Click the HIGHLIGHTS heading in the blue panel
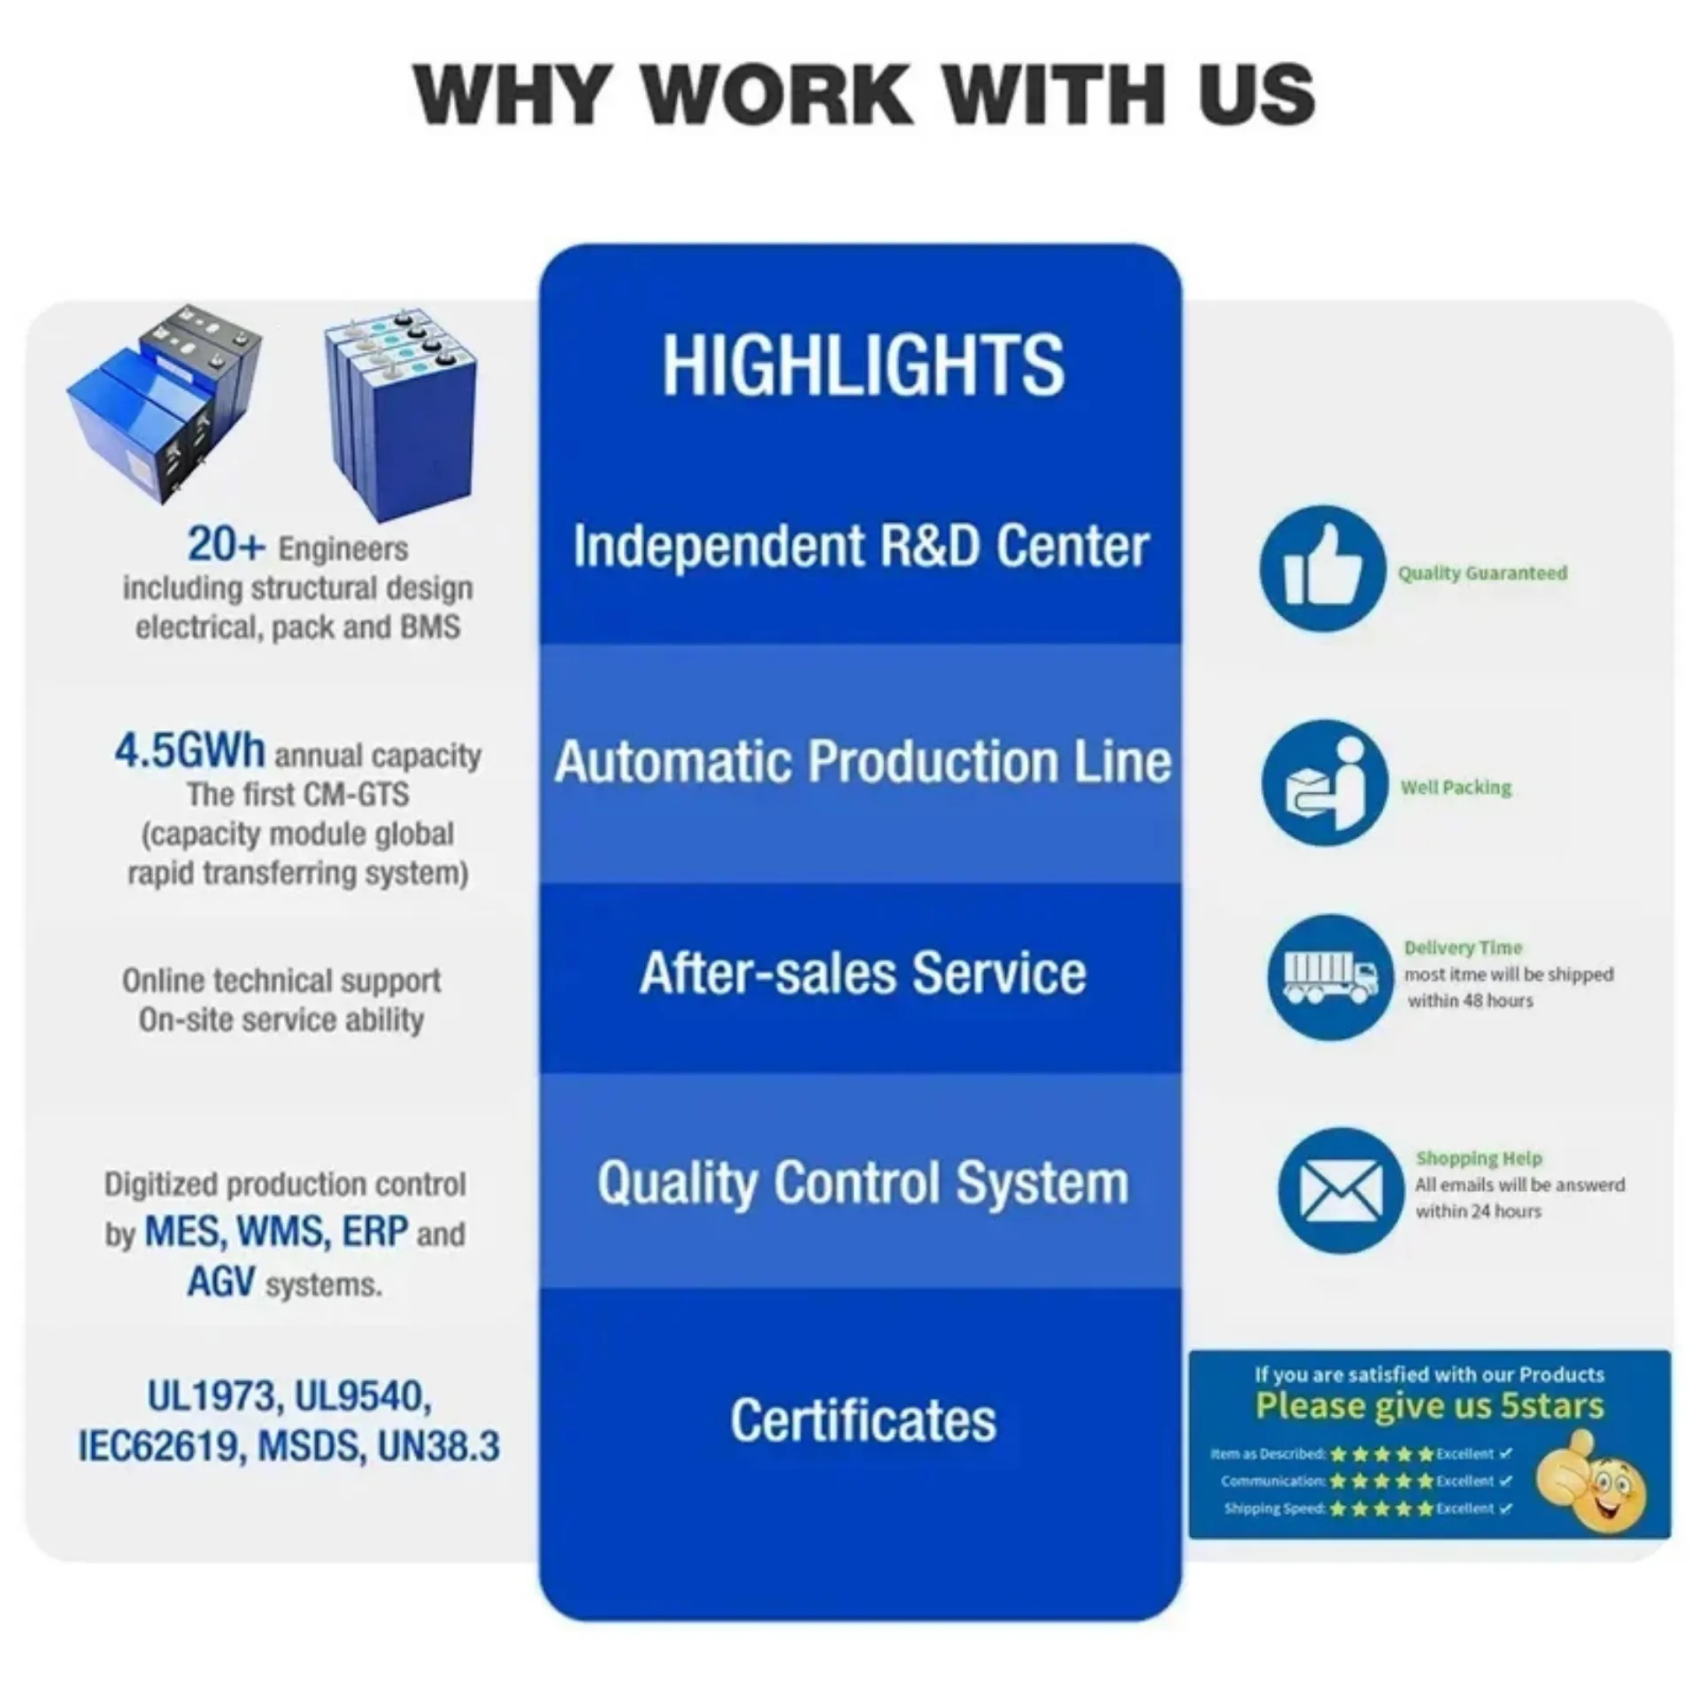(x=863, y=365)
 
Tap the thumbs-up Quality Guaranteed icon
(x=1323, y=569)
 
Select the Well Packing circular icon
(x=1325, y=782)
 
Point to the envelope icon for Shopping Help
(x=1341, y=1190)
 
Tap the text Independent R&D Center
(x=860, y=546)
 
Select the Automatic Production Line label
(x=863, y=762)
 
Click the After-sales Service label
(x=863, y=974)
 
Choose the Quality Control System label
(x=863, y=1183)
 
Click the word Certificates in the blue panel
(x=863, y=1420)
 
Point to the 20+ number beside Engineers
(x=226, y=544)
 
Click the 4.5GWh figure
(x=189, y=751)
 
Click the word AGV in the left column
(x=221, y=1281)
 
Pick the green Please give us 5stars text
(x=1429, y=1405)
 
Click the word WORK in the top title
(x=784, y=94)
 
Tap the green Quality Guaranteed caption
(x=1482, y=573)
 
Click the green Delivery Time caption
(x=1463, y=948)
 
